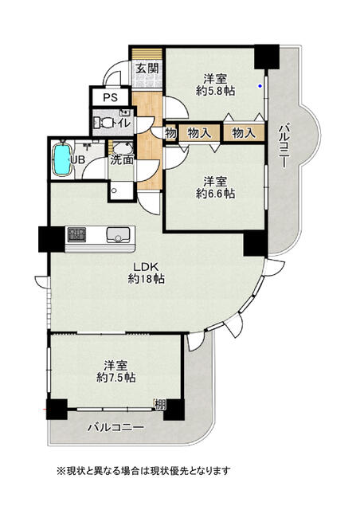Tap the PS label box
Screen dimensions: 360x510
coord(111,97)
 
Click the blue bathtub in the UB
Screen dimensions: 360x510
coord(62,160)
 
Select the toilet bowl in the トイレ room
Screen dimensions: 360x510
coord(104,123)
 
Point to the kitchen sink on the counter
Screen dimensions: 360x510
coord(118,234)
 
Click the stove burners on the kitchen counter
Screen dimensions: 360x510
coord(76,235)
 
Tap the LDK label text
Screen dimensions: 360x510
coord(146,268)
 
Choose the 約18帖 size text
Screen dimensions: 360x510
coord(146,279)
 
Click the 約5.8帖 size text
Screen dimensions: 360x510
coord(215,91)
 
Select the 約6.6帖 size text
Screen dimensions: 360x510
coord(215,193)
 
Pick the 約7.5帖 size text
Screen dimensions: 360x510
coord(116,377)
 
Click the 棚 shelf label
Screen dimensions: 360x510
coord(160,405)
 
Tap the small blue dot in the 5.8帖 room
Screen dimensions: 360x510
coord(260,86)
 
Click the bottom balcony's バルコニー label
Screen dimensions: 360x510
coord(115,427)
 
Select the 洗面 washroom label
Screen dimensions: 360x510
coord(122,159)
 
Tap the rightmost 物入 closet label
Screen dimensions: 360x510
coord(244,133)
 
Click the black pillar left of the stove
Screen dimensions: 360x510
coord(52,239)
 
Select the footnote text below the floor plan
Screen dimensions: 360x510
coord(143,471)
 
